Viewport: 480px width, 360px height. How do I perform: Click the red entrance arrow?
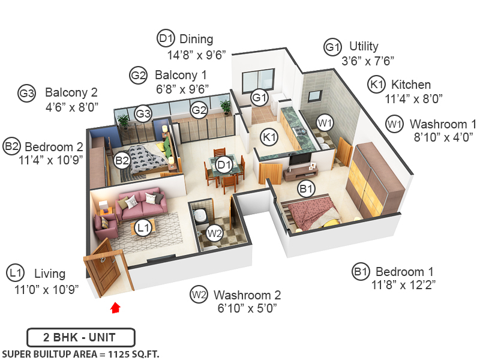tap(115, 308)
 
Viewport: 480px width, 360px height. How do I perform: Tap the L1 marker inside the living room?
tap(143, 228)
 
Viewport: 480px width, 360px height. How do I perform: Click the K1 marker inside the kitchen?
tap(269, 137)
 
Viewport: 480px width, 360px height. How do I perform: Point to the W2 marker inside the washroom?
tap(214, 233)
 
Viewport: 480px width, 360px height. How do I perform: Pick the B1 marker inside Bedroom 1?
tap(306, 189)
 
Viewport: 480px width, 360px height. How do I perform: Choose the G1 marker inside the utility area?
tap(260, 98)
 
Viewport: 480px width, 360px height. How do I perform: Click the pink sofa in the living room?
tap(141, 205)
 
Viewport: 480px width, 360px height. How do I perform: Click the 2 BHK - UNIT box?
tap(81, 337)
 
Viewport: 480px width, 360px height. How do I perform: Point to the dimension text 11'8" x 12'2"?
tap(403, 285)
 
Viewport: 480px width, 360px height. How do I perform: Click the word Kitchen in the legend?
tap(411, 85)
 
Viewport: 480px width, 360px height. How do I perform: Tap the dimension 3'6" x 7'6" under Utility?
tap(368, 61)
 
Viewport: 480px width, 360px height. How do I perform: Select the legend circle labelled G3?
tap(26, 93)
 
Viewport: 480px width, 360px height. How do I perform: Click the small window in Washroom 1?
tap(314, 96)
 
